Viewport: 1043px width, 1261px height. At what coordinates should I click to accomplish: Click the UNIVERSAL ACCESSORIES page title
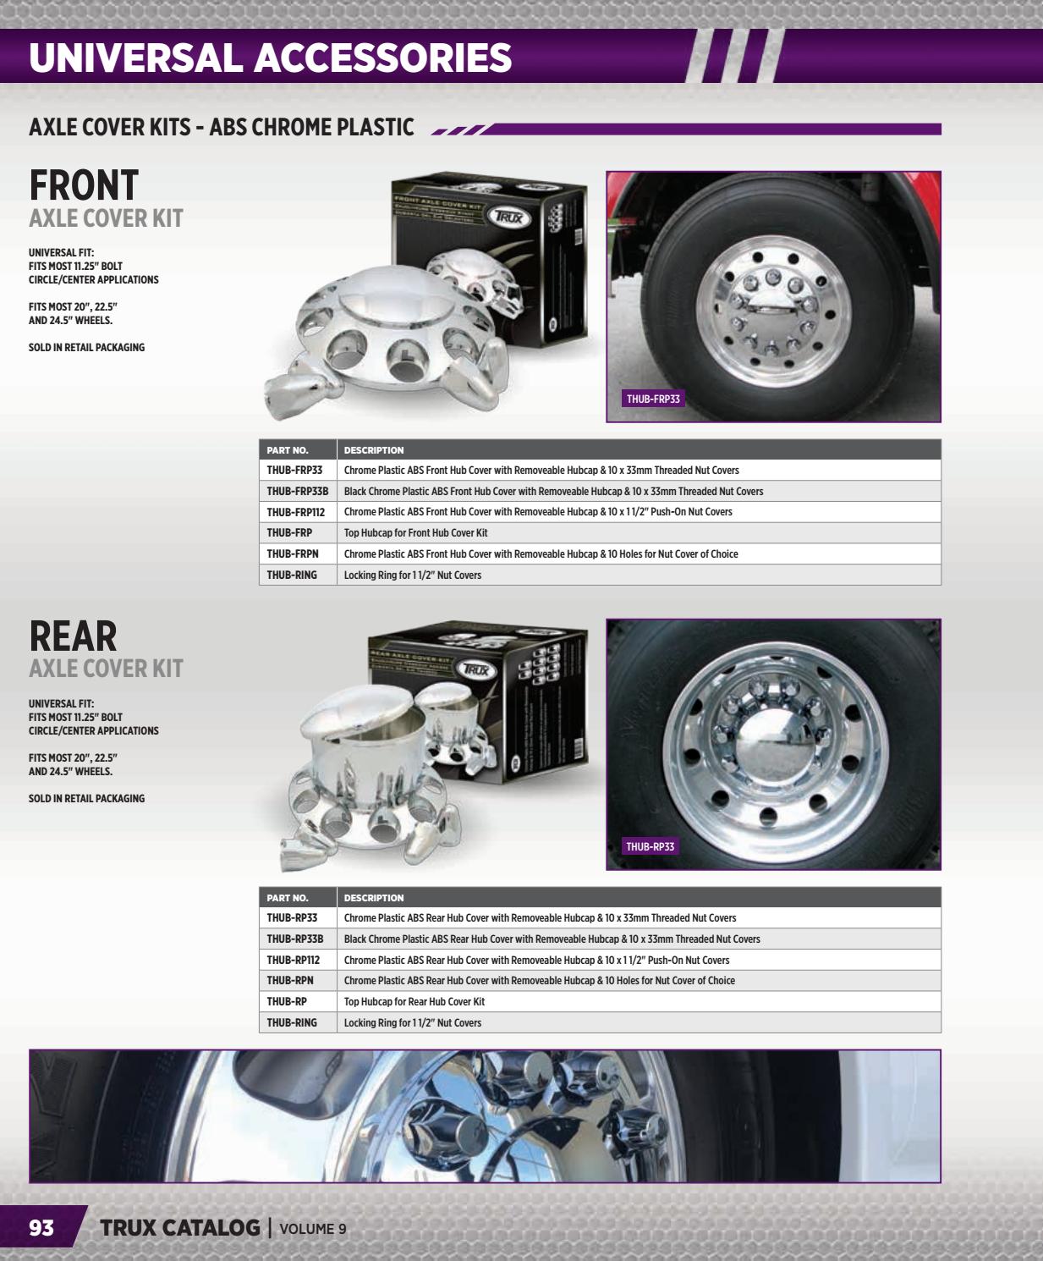click(x=270, y=58)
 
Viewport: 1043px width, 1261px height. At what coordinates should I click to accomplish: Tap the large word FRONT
click(x=84, y=185)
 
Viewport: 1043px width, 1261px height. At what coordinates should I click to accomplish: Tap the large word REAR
click(x=73, y=636)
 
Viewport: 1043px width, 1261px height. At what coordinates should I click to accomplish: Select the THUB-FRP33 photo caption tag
click(x=652, y=399)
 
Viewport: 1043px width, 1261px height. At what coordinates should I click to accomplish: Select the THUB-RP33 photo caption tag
click(x=650, y=846)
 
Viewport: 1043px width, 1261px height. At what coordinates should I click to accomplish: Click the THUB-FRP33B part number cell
click(x=297, y=491)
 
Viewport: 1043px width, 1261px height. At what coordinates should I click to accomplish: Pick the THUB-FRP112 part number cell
click(x=295, y=512)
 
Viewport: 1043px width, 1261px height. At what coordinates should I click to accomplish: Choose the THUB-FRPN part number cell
click(x=292, y=553)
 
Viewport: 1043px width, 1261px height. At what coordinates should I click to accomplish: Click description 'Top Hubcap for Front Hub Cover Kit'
click(x=415, y=533)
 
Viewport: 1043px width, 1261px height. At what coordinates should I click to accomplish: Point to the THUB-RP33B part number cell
click(x=294, y=939)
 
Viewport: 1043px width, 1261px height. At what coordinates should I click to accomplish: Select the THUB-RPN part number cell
click(x=289, y=980)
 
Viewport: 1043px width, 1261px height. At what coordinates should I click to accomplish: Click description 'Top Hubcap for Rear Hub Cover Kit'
click(x=414, y=1001)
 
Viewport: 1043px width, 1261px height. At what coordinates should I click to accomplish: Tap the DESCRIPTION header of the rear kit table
click(x=374, y=898)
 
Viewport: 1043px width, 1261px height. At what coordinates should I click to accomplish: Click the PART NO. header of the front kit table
click(x=288, y=450)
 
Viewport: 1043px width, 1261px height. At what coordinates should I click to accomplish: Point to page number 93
click(x=41, y=1228)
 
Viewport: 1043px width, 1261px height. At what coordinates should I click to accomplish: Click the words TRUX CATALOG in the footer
click(x=179, y=1228)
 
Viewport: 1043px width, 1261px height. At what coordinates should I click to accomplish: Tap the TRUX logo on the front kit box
click(x=508, y=218)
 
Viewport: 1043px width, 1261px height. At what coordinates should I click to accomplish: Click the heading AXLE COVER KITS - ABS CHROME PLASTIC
click(x=222, y=127)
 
